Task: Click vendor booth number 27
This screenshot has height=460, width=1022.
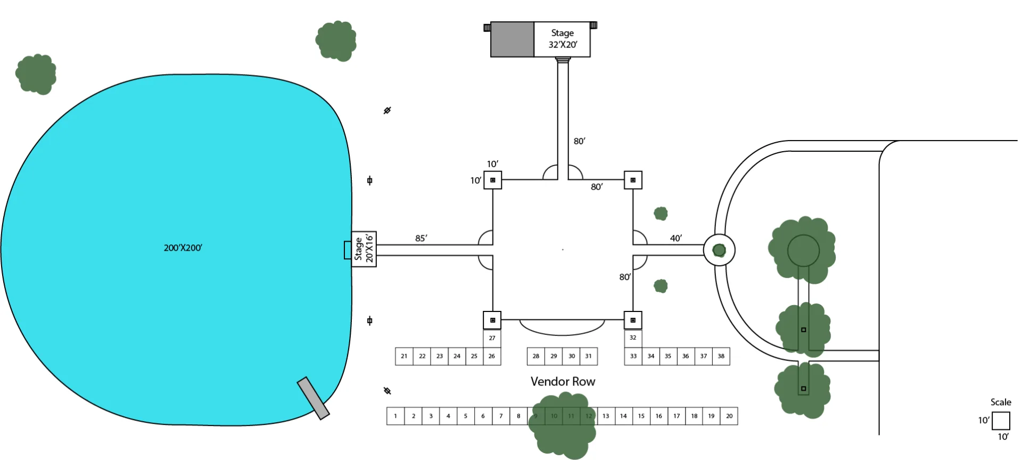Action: point(492,338)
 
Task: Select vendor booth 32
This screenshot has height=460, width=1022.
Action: point(633,338)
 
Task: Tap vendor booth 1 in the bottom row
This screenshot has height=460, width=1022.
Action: point(395,416)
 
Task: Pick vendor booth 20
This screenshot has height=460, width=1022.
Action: point(729,416)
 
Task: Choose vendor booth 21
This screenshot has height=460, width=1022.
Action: point(404,356)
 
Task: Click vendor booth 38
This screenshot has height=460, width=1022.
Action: point(721,356)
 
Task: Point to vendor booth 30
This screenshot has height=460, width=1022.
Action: point(571,356)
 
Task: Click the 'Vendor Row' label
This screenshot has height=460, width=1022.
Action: point(563,381)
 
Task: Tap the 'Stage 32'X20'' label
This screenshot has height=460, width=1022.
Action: point(563,39)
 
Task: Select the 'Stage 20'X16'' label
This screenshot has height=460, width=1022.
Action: point(364,249)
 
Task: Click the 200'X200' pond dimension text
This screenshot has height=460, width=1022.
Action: point(183,248)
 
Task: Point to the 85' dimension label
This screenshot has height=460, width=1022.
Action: point(421,238)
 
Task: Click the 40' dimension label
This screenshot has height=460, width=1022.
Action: point(675,238)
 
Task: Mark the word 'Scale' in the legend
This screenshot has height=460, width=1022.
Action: point(1000,402)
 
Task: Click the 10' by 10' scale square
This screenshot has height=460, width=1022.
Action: point(1001,421)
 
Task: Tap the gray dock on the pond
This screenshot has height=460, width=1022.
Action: point(313,398)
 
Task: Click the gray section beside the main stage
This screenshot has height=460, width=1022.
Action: point(512,39)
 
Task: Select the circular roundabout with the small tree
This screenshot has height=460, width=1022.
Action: point(719,250)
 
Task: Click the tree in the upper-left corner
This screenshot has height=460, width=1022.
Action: point(36,74)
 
